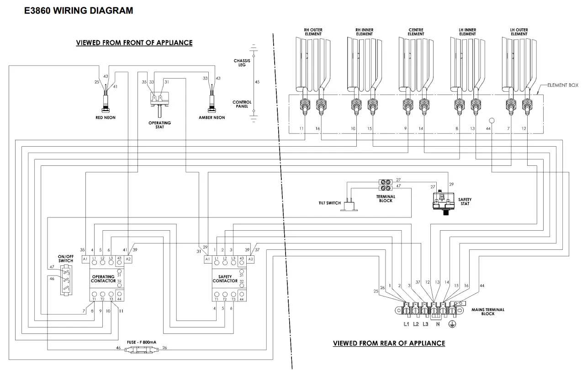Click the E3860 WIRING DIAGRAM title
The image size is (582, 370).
click(x=79, y=11)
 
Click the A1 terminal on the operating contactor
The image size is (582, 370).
click(x=85, y=259)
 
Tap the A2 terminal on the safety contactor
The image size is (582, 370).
click(x=250, y=259)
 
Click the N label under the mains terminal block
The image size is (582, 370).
click(x=437, y=324)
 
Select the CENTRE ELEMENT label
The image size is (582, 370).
click(x=416, y=32)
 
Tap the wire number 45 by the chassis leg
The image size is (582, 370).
click(x=257, y=82)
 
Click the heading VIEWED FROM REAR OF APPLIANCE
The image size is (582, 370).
click(x=389, y=343)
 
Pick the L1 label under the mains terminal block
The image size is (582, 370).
click(x=406, y=324)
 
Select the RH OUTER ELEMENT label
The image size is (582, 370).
click(x=313, y=32)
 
